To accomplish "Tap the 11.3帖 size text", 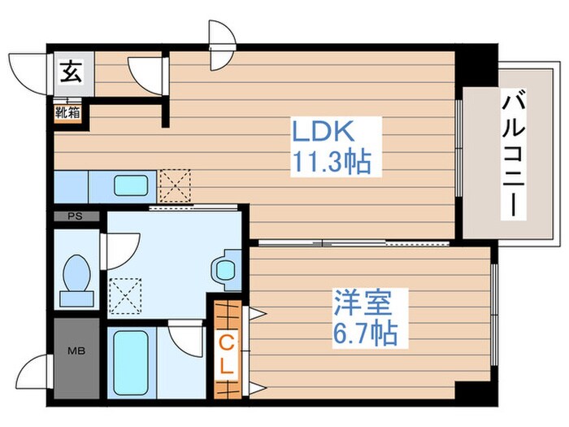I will click(x=330, y=162).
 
